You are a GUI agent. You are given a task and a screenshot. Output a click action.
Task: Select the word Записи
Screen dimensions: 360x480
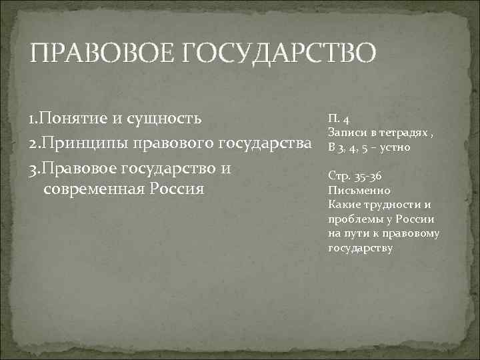click(x=345, y=134)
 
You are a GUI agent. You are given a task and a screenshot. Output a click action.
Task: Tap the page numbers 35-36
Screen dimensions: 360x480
click(x=365, y=176)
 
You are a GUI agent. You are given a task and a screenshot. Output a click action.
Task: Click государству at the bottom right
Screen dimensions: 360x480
click(x=361, y=247)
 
